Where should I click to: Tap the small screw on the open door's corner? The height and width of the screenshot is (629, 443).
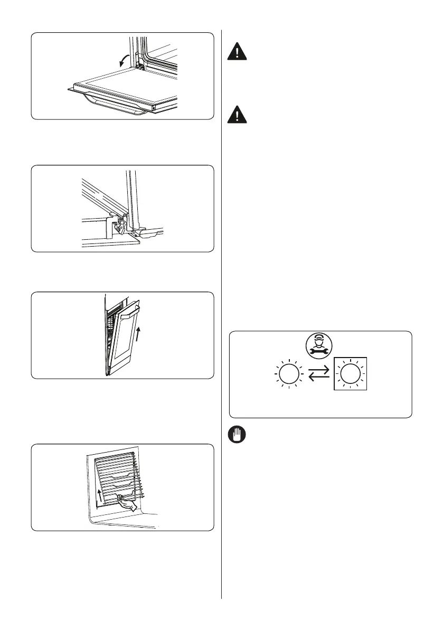tap(154, 108)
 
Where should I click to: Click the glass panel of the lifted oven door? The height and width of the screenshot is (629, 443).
tap(125, 343)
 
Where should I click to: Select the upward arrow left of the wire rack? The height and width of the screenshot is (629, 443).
tap(99, 495)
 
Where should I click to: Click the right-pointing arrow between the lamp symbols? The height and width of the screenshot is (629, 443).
tap(319, 370)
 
